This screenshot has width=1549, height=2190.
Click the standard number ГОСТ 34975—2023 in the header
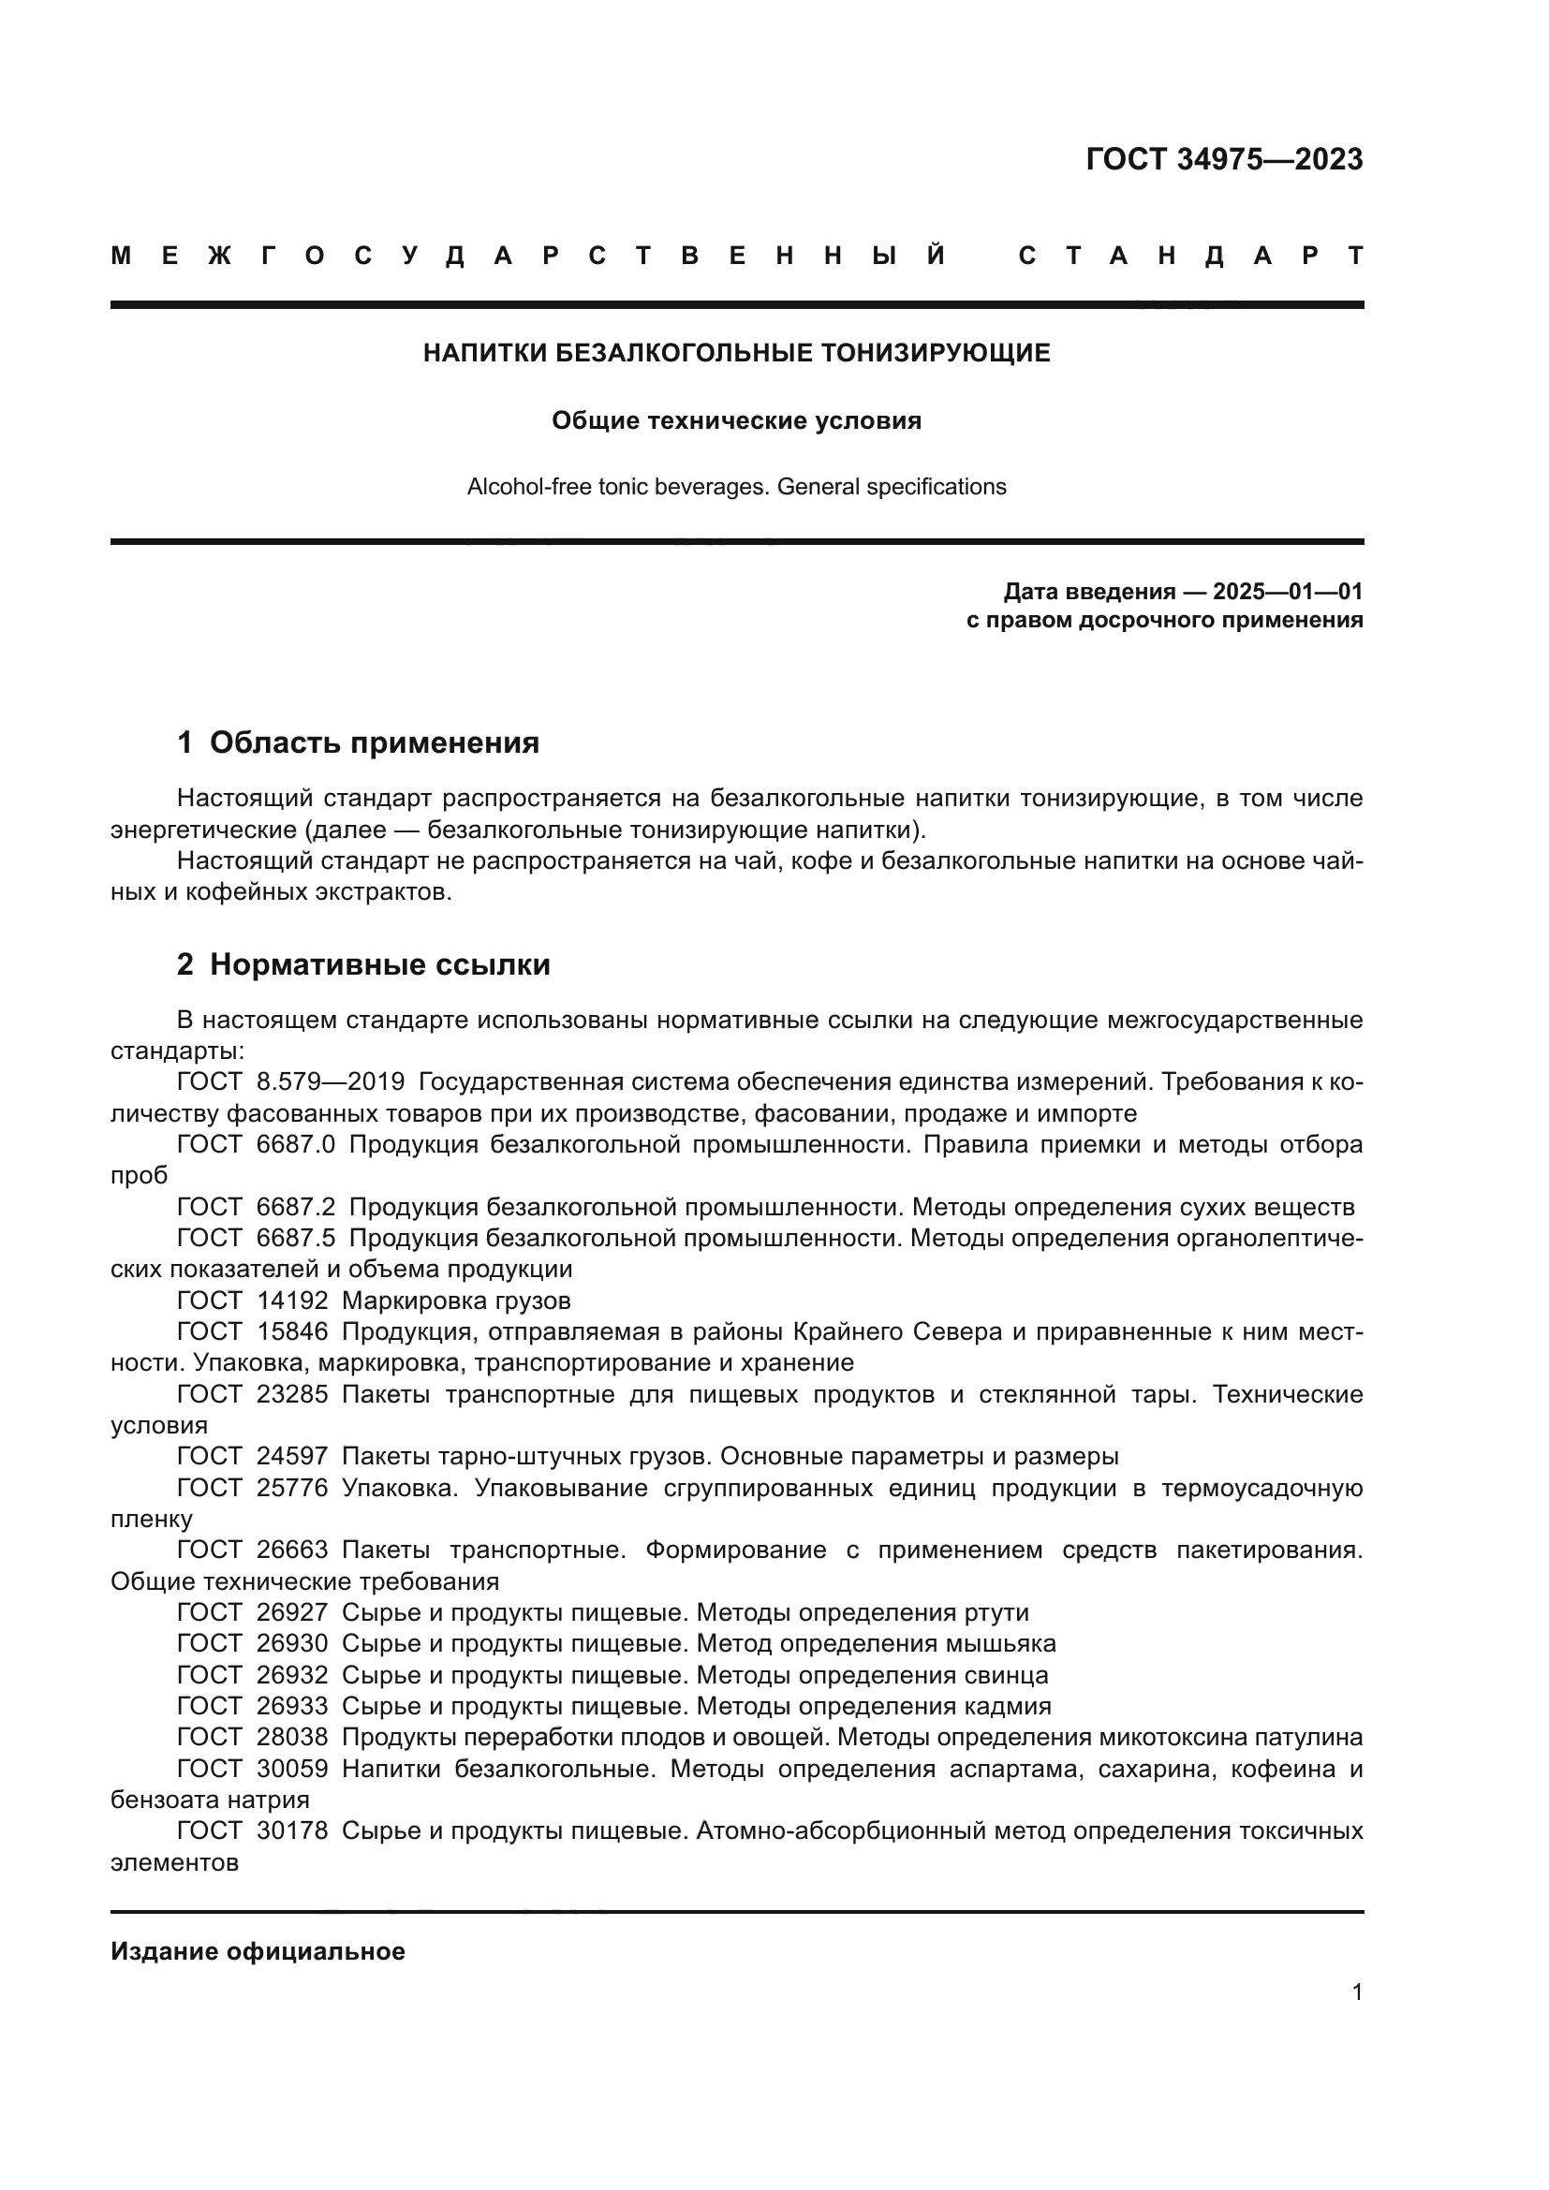[x=1224, y=159]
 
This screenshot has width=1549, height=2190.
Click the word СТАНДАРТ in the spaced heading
[x=1190, y=256]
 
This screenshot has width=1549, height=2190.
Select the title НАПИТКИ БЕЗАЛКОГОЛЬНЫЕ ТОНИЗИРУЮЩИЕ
[x=736, y=353]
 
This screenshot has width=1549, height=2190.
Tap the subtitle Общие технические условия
[x=736, y=420]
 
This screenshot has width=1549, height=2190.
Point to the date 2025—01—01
[x=1287, y=592]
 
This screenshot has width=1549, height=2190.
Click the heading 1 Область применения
[x=358, y=742]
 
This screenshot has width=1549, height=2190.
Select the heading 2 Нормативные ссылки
[x=363, y=964]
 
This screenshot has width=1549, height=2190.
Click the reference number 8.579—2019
[x=330, y=1081]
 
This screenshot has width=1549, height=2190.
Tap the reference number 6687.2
[x=296, y=1207]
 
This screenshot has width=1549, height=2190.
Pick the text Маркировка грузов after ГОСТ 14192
[x=456, y=1301]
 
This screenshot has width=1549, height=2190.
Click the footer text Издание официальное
[x=258, y=1951]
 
